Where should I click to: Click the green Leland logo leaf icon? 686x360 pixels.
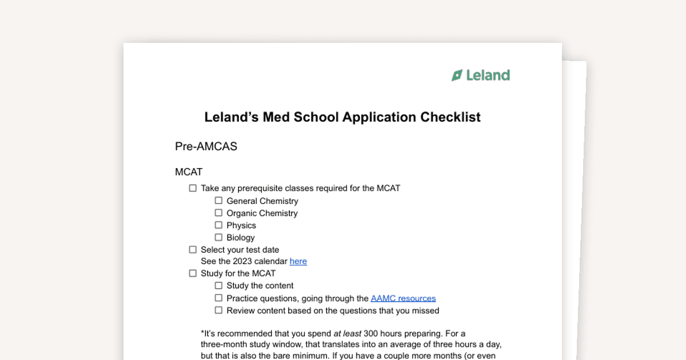pyautogui.click(x=457, y=75)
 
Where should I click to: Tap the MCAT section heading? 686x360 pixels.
pyautogui.click(x=189, y=172)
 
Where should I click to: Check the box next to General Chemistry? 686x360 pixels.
pyautogui.click(x=218, y=201)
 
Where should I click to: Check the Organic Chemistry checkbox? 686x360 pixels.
pyautogui.click(x=218, y=213)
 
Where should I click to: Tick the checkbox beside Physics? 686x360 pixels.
pyautogui.click(x=218, y=225)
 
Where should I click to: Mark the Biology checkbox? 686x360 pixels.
pyautogui.click(x=218, y=237)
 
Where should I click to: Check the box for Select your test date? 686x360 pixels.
pyautogui.click(x=193, y=250)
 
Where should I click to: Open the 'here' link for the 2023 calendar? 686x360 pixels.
pyautogui.click(x=298, y=262)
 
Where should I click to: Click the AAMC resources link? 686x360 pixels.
pyautogui.click(x=403, y=298)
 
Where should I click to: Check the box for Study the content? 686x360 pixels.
pyautogui.click(x=218, y=286)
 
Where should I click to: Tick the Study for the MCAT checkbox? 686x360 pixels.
pyautogui.click(x=193, y=274)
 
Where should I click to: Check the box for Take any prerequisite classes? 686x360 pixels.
pyautogui.click(x=193, y=188)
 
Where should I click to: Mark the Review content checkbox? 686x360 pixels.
pyautogui.click(x=218, y=310)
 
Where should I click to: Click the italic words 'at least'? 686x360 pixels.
pyautogui.click(x=347, y=333)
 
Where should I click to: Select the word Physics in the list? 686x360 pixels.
pyautogui.click(x=241, y=226)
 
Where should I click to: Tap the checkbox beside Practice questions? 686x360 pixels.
pyautogui.click(x=218, y=298)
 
